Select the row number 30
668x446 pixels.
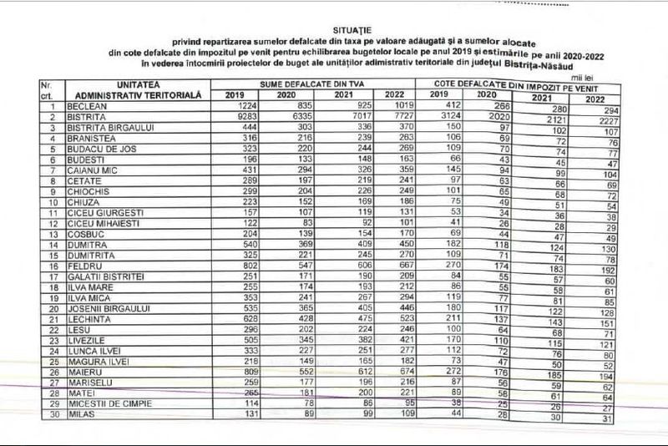click(x=52, y=413)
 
